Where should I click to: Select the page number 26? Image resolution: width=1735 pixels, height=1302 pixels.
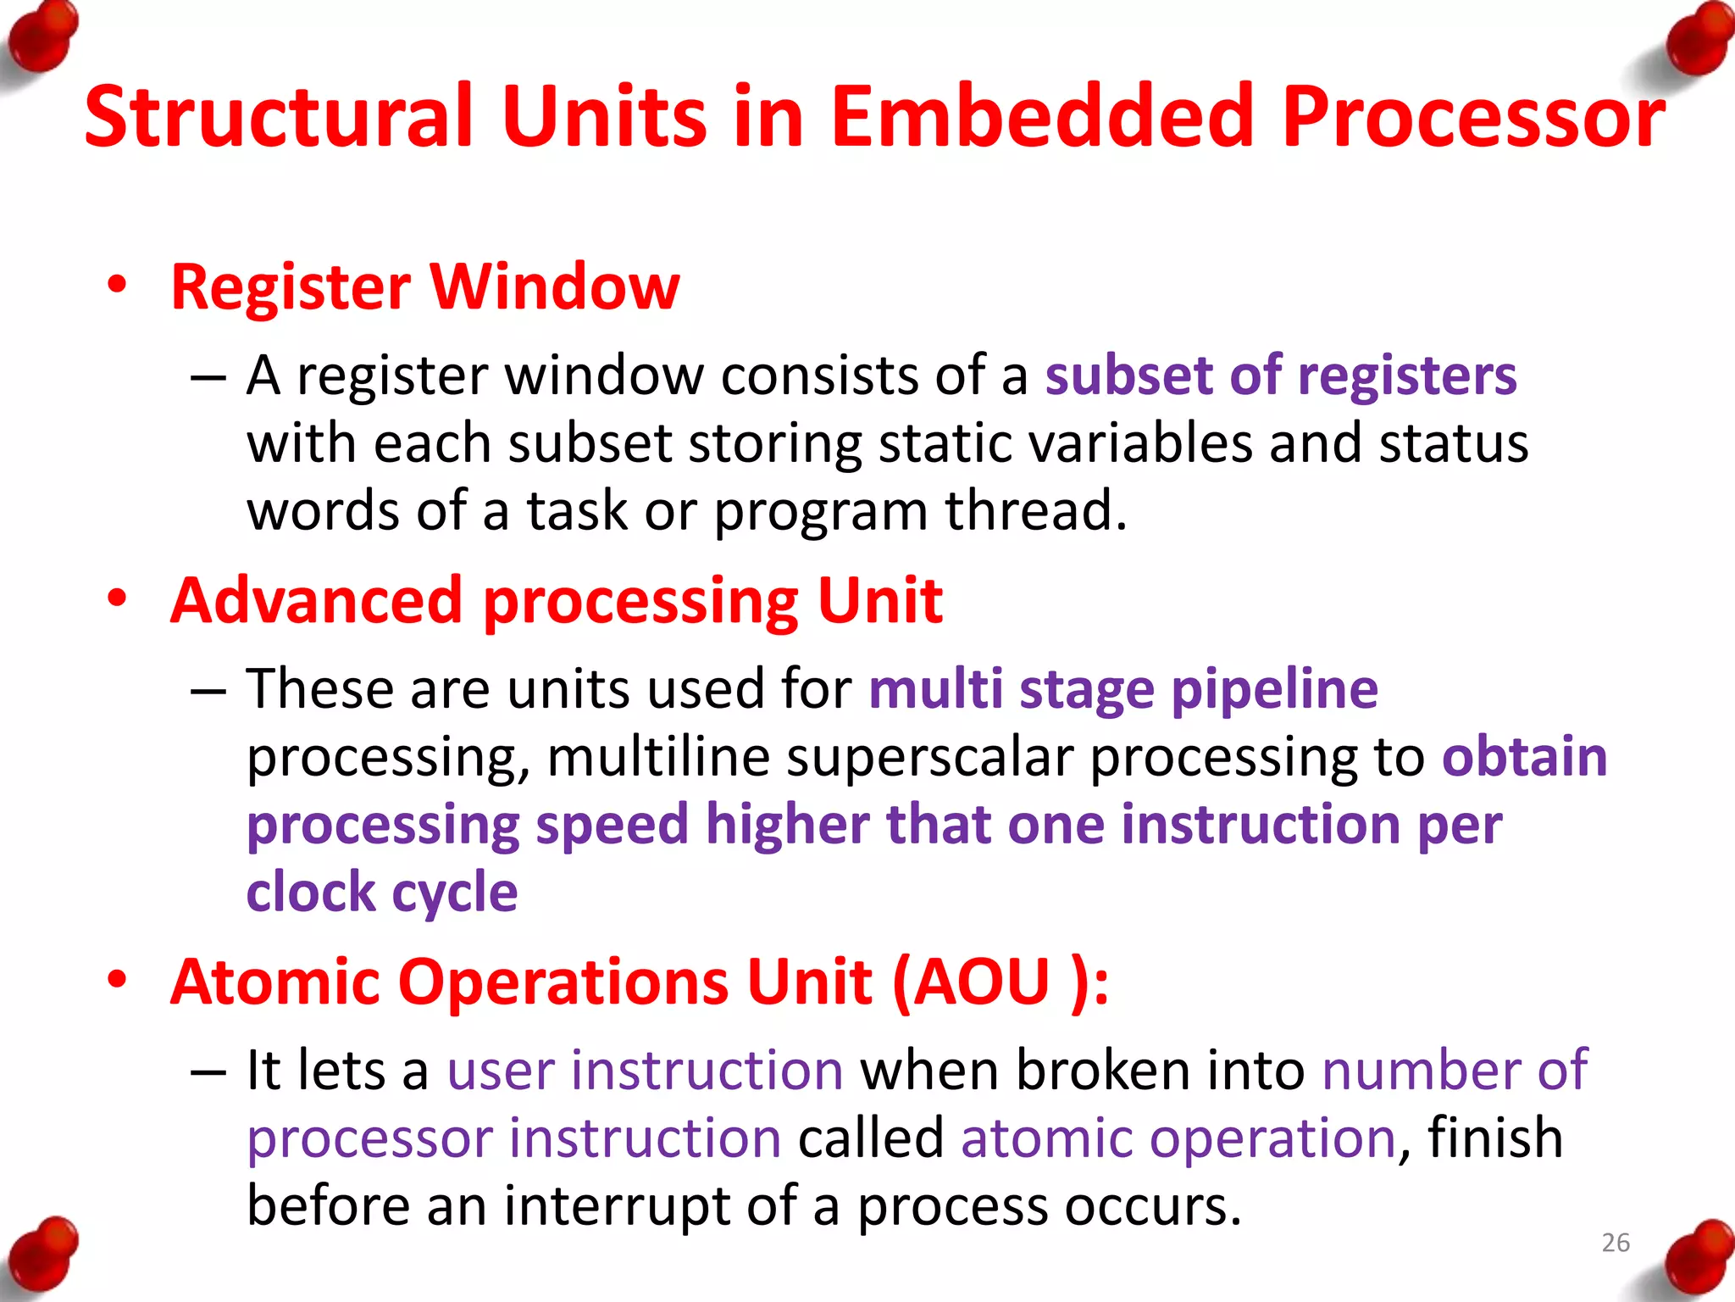pyautogui.click(x=1616, y=1243)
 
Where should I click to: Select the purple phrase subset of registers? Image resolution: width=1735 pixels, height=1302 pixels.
pyautogui.click(x=1280, y=376)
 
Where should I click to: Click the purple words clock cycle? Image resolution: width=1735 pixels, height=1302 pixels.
pyautogui.click(x=382, y=893)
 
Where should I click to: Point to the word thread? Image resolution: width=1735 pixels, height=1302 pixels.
pyautogui.click(x=1035, y=510)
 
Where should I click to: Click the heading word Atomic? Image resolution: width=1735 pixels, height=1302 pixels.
pyautogui.click(x=274, y=982)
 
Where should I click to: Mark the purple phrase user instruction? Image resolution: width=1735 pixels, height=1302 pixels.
pyautogui.click(x=645, y=1070)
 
